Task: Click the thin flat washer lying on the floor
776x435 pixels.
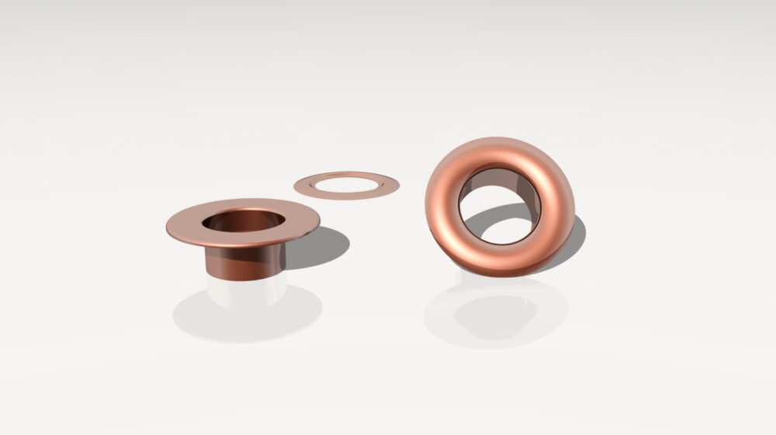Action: (306, 186)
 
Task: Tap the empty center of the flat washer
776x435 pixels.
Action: (347, 184)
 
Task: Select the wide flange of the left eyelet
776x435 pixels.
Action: (186, 227)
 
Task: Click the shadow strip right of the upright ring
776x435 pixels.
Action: (577, 238)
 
